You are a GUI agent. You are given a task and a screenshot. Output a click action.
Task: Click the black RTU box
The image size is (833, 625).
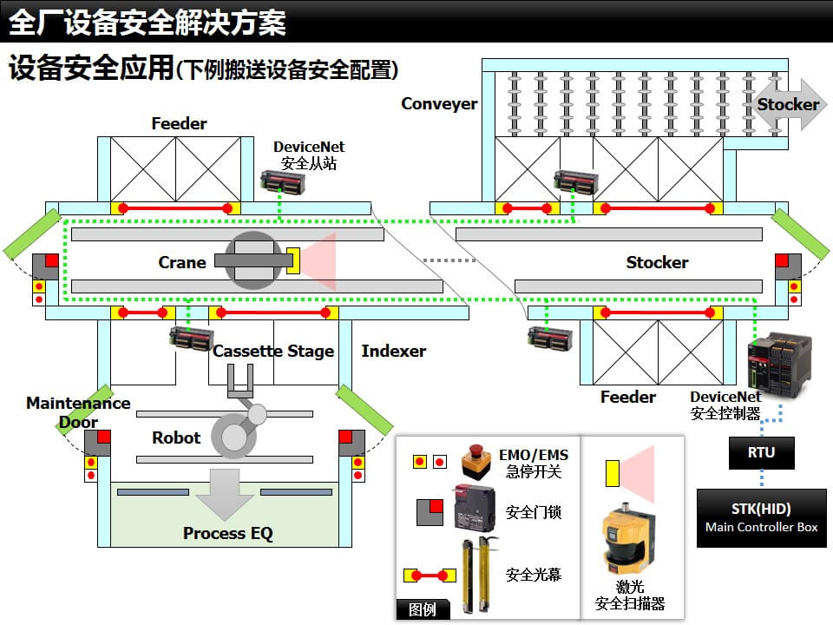point(761,452)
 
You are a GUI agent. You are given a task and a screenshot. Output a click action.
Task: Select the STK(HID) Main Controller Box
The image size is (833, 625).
point(761,517)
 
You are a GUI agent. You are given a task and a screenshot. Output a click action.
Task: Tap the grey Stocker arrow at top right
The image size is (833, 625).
point(788,105)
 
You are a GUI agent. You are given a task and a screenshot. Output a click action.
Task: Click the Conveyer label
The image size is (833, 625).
point(439,104)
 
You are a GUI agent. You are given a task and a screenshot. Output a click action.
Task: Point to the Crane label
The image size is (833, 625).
point(182,262)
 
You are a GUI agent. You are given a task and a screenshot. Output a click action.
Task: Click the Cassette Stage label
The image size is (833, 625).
point(273,352)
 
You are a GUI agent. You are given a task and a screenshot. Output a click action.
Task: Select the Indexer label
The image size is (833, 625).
point(394,352)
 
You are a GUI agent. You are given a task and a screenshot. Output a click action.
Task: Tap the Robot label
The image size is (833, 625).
point(176,438)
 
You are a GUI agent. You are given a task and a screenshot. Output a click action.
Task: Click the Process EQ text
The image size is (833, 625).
point(227,534)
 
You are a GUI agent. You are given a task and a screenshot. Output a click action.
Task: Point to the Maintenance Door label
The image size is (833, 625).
point(78,412)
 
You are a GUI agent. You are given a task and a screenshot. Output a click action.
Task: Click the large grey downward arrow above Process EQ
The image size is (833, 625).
point(224,493)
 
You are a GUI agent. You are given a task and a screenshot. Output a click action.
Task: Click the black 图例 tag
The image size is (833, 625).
point(423,609)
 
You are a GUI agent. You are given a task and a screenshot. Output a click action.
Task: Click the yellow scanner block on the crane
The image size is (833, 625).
point(293,262)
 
